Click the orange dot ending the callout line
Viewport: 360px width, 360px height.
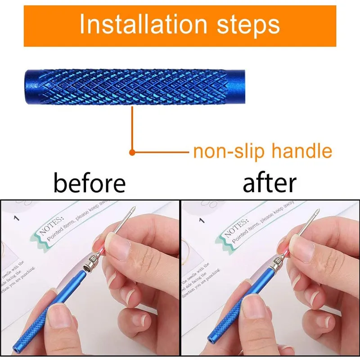pyautogui.click(x=132, y=153)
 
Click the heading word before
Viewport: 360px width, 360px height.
pyautogui.click(x=90, y=183)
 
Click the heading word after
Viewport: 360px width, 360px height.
pyautogui.click(x=270, y=183)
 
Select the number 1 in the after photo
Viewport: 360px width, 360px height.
pyautogui.click(x=202, y=220)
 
